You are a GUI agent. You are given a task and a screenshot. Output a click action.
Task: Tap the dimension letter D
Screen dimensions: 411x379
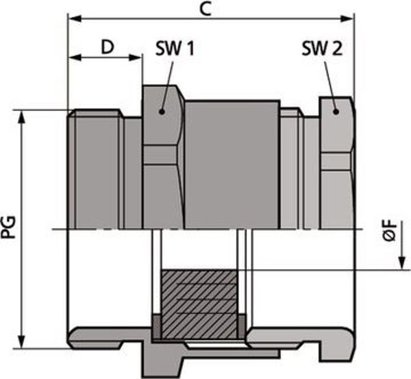(108, 47)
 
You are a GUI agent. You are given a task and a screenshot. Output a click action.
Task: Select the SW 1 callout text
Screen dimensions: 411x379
(175, 48)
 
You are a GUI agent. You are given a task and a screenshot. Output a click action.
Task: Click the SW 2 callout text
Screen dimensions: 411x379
(322, 48)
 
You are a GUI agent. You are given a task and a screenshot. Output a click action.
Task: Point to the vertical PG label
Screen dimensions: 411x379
(9, 227)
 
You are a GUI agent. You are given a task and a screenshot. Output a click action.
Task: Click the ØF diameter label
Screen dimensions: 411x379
(390, 230)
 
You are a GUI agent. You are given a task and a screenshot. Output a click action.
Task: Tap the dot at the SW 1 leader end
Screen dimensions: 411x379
(162, 112)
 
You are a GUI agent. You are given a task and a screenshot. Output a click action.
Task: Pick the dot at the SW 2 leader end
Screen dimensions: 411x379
(336, 112)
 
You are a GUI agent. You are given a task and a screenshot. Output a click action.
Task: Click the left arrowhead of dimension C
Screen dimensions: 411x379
(75, 19)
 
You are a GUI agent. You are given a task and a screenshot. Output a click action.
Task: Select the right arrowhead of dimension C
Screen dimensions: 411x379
(347, 19)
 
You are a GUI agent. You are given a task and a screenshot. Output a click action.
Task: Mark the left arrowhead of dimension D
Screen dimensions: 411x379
(75, 58)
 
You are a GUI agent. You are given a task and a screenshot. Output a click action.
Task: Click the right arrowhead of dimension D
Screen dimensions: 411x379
(136, 58)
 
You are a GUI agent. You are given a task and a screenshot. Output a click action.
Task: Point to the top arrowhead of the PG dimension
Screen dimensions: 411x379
(21, 117)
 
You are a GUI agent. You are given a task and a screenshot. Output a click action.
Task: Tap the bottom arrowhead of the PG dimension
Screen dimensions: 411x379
(21, 342)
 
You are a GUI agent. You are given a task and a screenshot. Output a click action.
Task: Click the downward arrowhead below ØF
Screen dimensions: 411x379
(402, 263)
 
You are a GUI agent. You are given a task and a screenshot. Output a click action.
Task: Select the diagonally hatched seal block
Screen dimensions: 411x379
(199, 304)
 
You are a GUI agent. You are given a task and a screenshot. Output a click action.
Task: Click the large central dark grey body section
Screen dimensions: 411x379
(232, 164)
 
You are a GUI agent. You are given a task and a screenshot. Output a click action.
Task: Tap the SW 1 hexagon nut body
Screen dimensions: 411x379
(163, 157)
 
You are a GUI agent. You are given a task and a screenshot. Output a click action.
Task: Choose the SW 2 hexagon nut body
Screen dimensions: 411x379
(337, 163)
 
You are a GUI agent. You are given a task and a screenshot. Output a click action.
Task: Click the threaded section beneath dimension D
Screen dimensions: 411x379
(95, 169)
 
